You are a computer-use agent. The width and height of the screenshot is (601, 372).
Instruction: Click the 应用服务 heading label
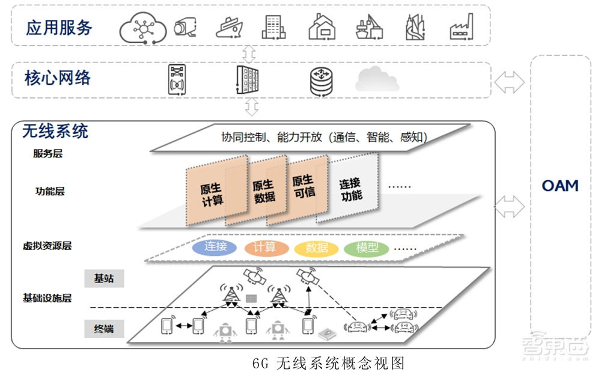(58, 27)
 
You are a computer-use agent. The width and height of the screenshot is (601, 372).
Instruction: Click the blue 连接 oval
(215, 247)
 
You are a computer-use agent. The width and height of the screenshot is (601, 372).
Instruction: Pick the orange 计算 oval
(264, 247)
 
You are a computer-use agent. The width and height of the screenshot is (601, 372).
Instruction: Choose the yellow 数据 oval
(316, 248)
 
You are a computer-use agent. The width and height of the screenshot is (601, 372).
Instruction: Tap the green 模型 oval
(367, 248)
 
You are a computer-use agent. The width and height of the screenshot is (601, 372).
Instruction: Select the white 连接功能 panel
(351, 189)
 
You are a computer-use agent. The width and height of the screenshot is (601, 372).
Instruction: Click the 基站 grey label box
(103, 279)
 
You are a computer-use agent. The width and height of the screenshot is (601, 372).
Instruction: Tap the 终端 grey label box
(103, 329)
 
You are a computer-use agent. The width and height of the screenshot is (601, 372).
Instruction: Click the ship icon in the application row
(230, 27)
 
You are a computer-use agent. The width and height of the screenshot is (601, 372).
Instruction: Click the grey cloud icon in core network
(377, 79)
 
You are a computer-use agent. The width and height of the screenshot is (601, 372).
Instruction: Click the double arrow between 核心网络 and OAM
(509, 82)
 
